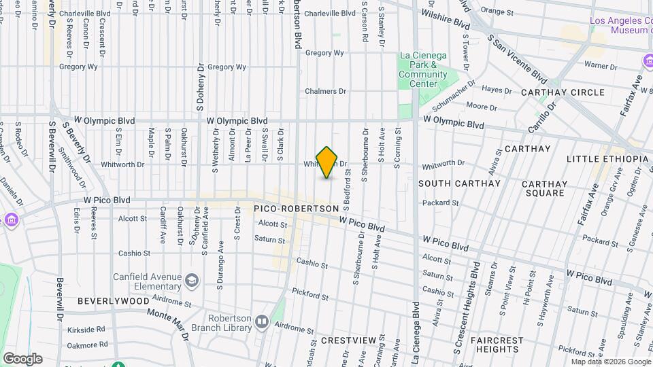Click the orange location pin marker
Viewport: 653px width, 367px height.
327,162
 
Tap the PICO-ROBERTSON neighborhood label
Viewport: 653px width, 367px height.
296,208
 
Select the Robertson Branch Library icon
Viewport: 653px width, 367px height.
262,321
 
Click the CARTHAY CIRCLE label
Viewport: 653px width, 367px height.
563,92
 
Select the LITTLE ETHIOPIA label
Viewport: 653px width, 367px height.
607,159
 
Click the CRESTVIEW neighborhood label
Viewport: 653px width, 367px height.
348,340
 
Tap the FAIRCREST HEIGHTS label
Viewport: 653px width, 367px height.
500,345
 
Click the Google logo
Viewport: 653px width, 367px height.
22,358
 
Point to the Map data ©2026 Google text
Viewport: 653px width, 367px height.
610,361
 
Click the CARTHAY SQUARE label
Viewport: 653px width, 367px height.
543,188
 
